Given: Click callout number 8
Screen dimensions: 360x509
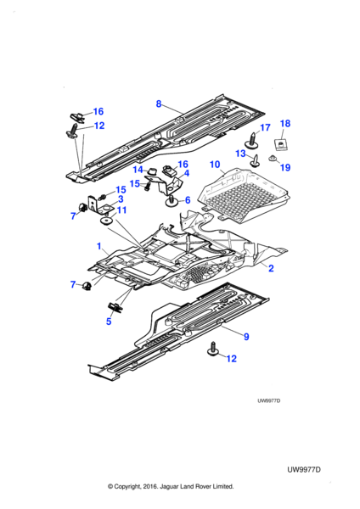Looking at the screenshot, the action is [159, 103].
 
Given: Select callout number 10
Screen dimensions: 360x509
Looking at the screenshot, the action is [215, 165].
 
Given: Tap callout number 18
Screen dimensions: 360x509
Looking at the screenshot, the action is [285, 123].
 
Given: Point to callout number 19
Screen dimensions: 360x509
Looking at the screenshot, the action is [285, 167].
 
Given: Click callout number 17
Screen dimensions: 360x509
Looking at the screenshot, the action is [265, 127].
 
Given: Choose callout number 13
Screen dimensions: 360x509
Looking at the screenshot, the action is [240, 154].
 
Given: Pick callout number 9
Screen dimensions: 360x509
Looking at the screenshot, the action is [246, 337].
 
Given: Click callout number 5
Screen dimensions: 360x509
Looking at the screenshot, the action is [109, 322].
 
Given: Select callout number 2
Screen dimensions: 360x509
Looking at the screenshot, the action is [271, 268].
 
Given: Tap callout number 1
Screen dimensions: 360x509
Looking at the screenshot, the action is [99, 246].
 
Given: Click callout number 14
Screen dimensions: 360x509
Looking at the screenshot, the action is [138, 170].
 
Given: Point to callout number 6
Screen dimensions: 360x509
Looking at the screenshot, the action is [188, 200].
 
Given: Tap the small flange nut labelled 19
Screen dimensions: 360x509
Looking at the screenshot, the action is [273, 159].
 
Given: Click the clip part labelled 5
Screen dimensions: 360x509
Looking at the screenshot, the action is [115, 307].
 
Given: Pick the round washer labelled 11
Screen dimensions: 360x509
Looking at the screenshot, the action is [106, 221].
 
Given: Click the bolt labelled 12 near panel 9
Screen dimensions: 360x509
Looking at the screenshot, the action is [213, 349].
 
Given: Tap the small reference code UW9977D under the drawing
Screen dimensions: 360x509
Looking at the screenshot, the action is [269, 400].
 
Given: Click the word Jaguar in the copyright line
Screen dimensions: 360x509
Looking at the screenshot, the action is [169, 486].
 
